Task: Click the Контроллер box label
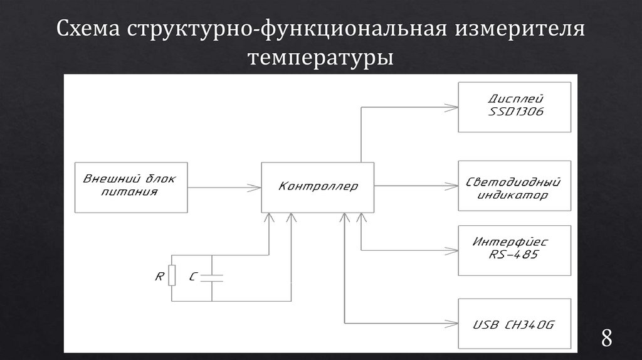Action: pos(318,186)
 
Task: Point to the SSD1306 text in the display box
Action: pos(515,112)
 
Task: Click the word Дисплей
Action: pos(515,99)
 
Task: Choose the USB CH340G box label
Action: pos(514,325)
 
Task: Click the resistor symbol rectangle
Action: pos(172,275)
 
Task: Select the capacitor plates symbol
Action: pos(212,276)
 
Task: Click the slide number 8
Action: pos(607,338)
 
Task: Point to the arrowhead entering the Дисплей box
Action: pos(453,107)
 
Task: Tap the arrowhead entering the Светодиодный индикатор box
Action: pos(453,186)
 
